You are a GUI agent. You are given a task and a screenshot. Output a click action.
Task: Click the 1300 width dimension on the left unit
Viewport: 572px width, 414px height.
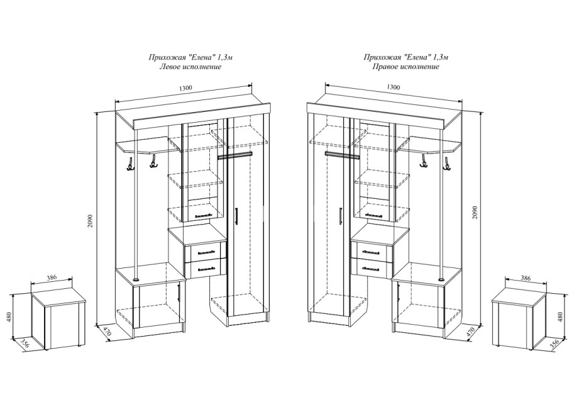pos(185,87)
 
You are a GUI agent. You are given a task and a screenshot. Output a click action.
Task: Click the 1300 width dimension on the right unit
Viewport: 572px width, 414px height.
pos(393,87)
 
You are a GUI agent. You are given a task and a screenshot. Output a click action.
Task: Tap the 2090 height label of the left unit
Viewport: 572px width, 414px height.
pos(91,220)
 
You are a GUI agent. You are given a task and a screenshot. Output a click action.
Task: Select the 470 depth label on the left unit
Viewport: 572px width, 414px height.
pos(106,333)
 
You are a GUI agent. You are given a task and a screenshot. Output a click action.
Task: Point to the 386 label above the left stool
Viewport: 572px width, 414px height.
pos(52,277)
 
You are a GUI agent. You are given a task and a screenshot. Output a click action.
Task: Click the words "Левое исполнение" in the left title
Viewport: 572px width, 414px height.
pos(190,67)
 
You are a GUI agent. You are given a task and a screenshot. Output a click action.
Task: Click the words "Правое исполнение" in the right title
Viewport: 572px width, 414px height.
pos(405,67)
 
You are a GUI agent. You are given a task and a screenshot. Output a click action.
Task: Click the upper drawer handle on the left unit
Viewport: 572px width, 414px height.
pos(205,252)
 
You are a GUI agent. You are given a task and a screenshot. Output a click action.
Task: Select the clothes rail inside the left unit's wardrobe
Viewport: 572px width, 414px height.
pos(234,156)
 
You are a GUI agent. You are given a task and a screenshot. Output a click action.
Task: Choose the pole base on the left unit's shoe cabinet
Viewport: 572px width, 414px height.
pos(136,279)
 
